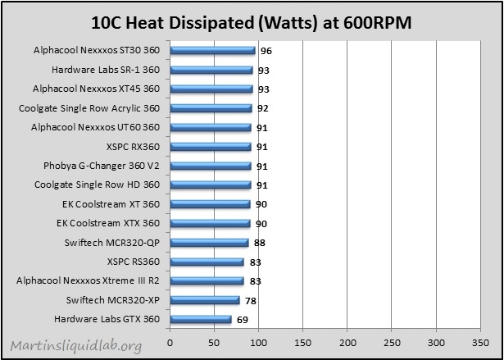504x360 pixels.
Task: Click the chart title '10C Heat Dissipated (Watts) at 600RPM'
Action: point(252,23)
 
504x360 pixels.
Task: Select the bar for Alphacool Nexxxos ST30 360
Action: point(212,51)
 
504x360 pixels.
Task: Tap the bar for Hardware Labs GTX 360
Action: point(201,319)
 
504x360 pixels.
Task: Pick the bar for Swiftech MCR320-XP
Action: point(205,300)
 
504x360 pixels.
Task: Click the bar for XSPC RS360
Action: point(207,262)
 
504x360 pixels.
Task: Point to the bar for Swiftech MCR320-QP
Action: point(209,243)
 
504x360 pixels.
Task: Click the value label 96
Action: point(266,51)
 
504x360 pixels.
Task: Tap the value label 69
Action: point(243,320)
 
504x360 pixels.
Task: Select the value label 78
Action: point(251,301)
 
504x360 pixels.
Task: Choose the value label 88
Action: point(260,243)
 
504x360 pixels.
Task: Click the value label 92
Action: point(263,108)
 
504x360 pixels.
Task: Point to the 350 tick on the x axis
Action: point(480,342)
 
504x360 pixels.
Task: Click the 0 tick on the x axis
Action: point(170,342)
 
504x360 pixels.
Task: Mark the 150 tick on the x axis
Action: point(302,342)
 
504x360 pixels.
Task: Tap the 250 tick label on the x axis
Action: point(392,342)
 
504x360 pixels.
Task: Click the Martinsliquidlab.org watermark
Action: point(76,345)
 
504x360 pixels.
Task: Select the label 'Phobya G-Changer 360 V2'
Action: point(102,166)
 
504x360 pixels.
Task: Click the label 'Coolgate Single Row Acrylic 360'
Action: point(89,108)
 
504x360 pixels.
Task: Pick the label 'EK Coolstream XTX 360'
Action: point(108,223)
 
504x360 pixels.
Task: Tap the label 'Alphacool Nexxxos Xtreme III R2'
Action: point(88,280)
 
